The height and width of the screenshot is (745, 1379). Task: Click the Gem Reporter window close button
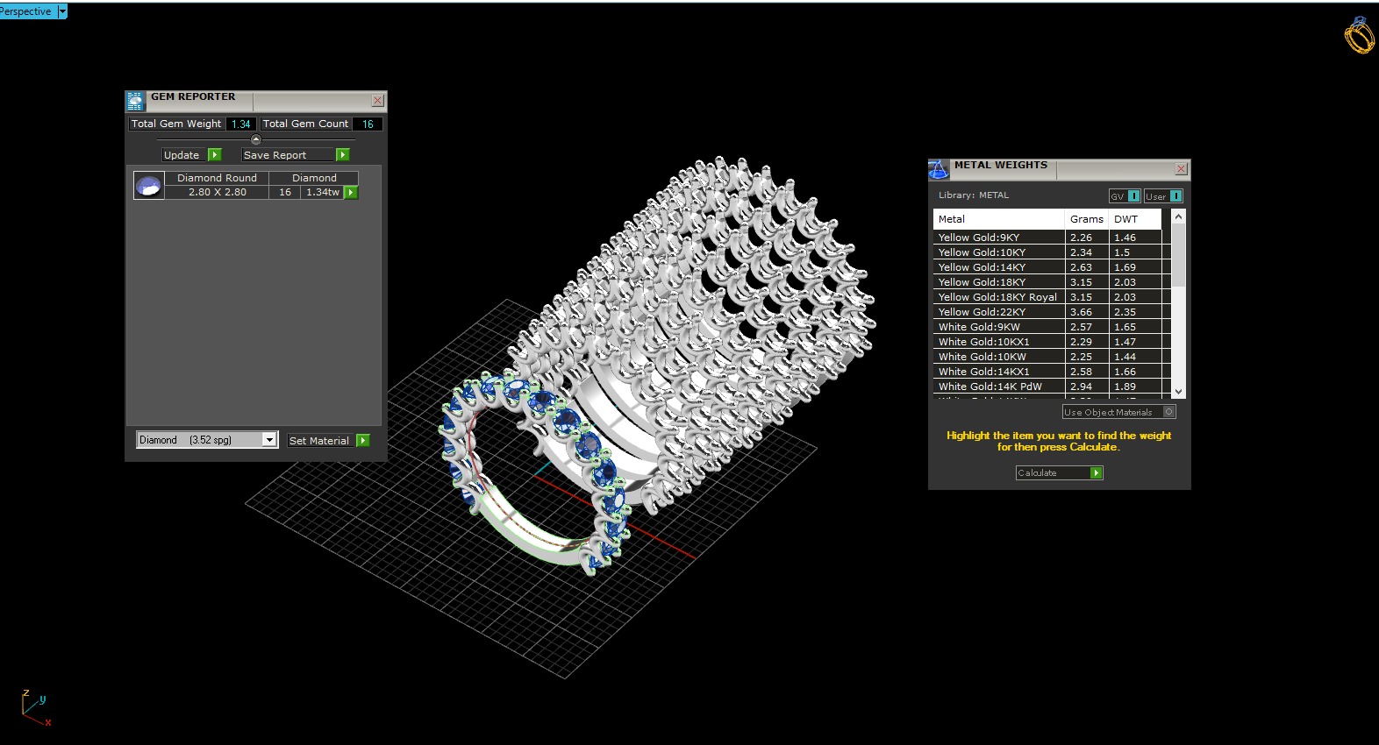pos(377,101)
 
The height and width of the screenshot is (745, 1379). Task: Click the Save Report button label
pos(275,155)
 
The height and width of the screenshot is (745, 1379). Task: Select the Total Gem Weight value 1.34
pos(240,124)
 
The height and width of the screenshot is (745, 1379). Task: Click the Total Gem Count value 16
pos(368,124)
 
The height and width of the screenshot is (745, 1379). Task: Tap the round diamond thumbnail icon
pos(148,185)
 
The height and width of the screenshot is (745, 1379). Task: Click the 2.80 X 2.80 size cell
pos(217,192)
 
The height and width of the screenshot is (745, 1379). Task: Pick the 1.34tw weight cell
pos(322,192)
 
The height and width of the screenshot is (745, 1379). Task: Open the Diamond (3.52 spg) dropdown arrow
pos(269,440)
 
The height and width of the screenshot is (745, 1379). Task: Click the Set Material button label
pos(318,441)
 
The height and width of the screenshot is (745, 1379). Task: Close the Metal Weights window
pos(1181,169)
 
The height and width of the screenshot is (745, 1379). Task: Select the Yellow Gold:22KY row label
pos(982,312)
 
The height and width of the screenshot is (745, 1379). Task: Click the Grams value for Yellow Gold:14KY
pos(1081,267)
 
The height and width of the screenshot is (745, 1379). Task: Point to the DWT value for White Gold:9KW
pos(1125,327)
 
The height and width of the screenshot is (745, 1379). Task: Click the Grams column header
pos(1086,219)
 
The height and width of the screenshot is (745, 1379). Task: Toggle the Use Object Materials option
pos(1168,412)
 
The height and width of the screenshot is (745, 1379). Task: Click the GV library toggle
pos(1124,196)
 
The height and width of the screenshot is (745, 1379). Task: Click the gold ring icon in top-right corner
pos(1359,35)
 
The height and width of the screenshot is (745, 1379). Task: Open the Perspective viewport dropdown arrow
pos(62,11)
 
